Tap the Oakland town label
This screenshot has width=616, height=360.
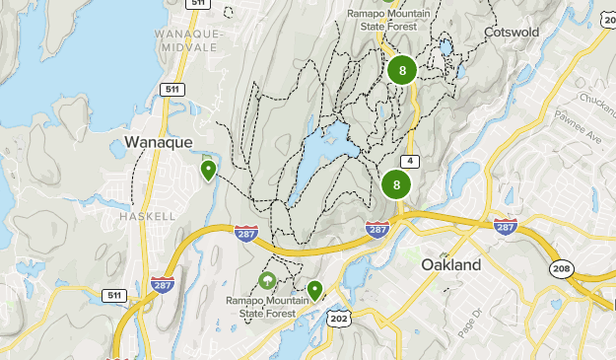450,264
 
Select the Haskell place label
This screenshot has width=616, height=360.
147,215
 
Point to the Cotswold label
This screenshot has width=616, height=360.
511,33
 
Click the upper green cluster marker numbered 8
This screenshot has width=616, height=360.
401,70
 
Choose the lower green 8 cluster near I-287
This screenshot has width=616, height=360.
396,184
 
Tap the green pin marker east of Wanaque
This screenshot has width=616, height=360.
208,170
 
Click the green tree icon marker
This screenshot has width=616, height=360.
267,281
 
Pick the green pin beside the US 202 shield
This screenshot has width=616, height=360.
314,289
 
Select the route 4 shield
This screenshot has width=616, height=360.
407,162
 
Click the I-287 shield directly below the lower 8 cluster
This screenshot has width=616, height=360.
376,229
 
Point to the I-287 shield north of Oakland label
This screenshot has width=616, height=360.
506,227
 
